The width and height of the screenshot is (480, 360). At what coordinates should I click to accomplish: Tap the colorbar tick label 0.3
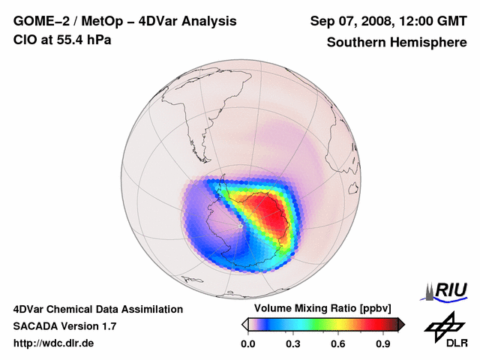point(293,343)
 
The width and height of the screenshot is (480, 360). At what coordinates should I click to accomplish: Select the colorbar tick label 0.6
point(338,343)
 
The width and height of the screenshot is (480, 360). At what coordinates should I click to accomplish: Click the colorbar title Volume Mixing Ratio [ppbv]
point(321,309)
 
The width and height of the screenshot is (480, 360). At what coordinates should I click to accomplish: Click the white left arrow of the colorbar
point(244,324)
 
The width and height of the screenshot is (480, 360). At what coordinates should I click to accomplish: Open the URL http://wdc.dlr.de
point(54,343)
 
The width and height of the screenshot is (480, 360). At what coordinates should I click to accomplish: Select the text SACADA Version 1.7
point(64,326)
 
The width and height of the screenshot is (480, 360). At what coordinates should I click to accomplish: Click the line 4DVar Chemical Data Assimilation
point(97,309)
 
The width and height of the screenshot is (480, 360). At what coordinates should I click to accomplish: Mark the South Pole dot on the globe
point(239,224)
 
